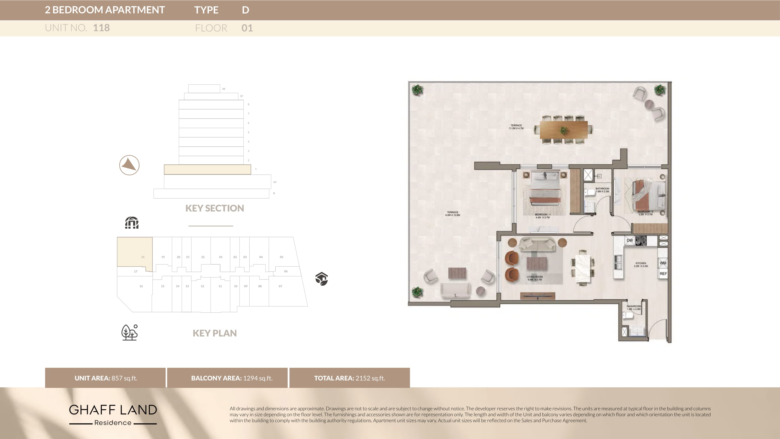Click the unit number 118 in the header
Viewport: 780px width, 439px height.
(101, 28)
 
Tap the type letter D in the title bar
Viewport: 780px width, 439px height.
(245, 10)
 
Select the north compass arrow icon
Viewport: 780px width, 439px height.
(129, 165)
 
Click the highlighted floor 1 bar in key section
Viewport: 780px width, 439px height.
(207, 169)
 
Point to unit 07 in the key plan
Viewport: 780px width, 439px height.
(280, 286)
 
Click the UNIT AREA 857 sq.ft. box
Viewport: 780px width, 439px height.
(105, 378)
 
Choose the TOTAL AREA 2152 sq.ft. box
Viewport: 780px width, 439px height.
(349, 378)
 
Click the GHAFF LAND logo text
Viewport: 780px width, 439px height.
(113, 410)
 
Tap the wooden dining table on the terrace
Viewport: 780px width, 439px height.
(564, 130)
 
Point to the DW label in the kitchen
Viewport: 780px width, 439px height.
(630, 240)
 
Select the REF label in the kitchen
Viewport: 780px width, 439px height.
(663, 274)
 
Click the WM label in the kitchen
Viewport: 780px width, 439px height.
(663, 263)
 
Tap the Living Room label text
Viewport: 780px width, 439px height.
(534, 278)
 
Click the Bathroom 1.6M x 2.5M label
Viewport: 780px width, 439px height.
(602, 190)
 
